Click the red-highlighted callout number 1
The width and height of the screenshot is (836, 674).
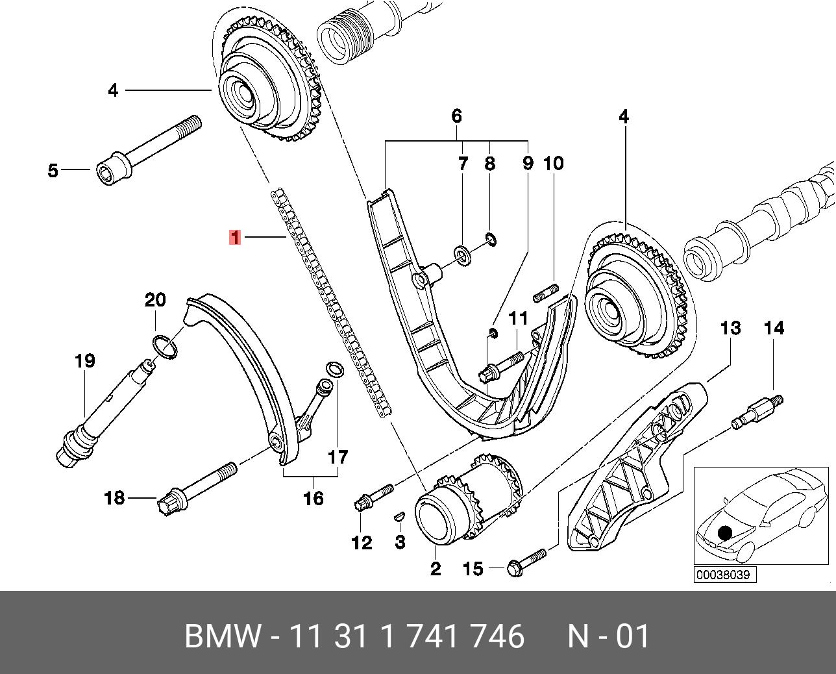[x=235, y=238]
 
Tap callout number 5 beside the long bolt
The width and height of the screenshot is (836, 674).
[x=53, y=171]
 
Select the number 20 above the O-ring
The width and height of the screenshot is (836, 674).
[x=155, y=300]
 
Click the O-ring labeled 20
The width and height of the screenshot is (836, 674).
[x=166, y=347]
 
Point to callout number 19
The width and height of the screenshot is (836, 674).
[x=85, y=361]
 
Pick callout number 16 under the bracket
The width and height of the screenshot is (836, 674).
[x=313, y=498]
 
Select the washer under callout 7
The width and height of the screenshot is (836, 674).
[x=463, y=253]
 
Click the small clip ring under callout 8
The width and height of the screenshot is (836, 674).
[x=491, y=240]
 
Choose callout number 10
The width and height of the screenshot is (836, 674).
[x=553, y=164]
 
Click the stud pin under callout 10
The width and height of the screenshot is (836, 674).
[x=547, y=293]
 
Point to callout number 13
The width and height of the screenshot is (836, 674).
[x=731, y=328]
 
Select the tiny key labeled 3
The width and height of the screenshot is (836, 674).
[x=400, y=516]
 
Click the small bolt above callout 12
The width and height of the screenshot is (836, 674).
[x=374, y=497]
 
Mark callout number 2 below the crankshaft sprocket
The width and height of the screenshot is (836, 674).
[x=436, y=569]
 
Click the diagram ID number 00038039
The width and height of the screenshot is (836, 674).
[x=726, y=575]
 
